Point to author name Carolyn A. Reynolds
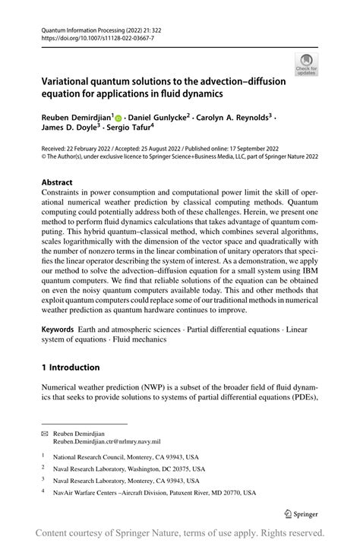click(234, 118)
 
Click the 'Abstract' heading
click(57, 183)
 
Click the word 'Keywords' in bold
click(58, 331)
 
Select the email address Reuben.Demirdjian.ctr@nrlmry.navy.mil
click(111, 440)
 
